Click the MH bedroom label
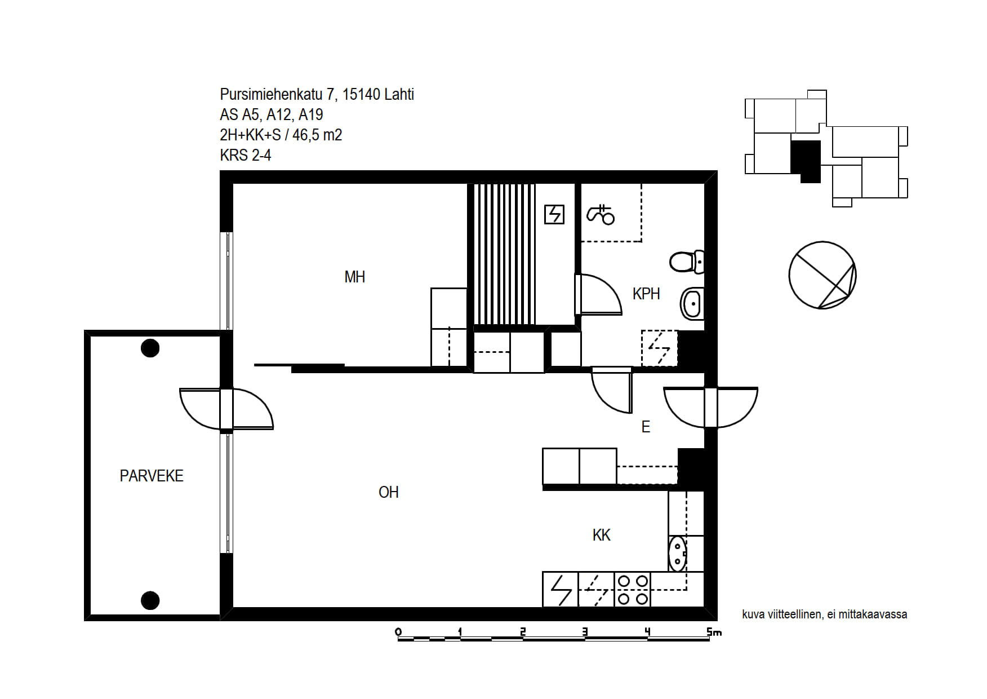tap(354, 277)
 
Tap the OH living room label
tap(389, 492)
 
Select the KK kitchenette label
tap(601, 535)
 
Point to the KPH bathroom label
tap(646, 294)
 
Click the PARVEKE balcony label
tap(152, 476)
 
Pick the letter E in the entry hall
tap(646, 427)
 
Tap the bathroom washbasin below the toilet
tap(692, 304)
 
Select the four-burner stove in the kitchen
tap(633, 590)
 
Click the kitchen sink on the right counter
tap(678, 554)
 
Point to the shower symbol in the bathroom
tap(601, 214)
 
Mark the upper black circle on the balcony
tap(150, 348)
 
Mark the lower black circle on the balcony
tap(150, 600)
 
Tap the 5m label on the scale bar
tap(714, 632)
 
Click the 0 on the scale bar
tap(398, 632)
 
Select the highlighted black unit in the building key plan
tap(806, 161)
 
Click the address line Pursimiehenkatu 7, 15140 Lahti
tap(317, 94)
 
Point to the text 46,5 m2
tap(317, 135)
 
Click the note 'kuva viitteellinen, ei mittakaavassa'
tap(824, 614)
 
